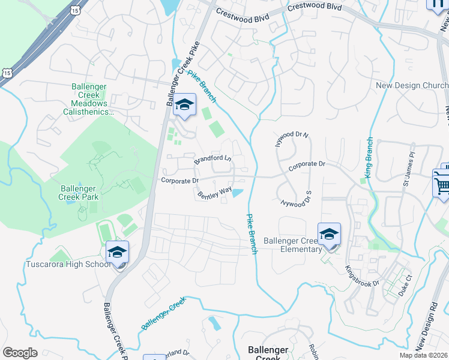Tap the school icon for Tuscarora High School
click(x=118, y=253)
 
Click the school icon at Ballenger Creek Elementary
click(x=329, y=235)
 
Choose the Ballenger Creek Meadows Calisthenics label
click(x=89, y=99)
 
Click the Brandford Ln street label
click(x=212, y=159)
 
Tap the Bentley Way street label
click(x=215, y=192)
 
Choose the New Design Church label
click(x=412, y=86)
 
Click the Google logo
click(x=20, y=353)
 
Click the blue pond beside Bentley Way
click(x=238, y=193)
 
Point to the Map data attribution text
click(x=424, y=355)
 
